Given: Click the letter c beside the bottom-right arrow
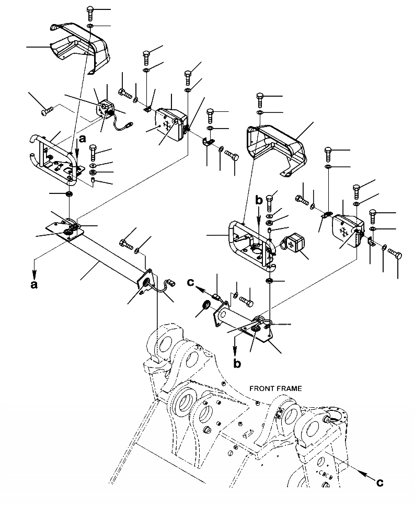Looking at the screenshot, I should pyautogui.click(x=379, y=482).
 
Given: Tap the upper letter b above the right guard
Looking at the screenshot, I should pyautogui.click(x=258, y=200).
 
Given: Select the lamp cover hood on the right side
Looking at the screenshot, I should pyautogui.click(x=277, y=144).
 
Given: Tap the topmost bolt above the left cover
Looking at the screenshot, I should pyautogui.click(x=90, y=12).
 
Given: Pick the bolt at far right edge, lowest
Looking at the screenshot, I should pyautogui.click(x=396, y=256).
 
